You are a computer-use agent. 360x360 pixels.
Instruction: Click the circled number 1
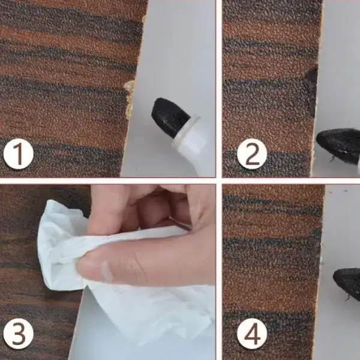coord(19,154)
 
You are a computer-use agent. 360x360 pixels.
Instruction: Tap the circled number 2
coord(252,154)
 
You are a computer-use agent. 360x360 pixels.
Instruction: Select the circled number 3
coord(19,334)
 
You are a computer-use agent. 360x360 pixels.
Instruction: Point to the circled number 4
coord(252,334)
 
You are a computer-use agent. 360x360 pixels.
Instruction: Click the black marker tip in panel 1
coord(169,117)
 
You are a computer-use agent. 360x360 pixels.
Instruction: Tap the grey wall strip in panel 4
coord(340,230)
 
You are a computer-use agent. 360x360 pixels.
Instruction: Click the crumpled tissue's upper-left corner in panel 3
coord(49,202)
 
